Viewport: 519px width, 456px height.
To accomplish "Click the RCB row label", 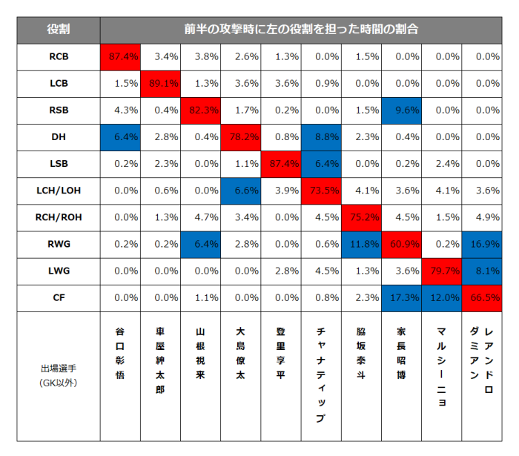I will pos(59,56).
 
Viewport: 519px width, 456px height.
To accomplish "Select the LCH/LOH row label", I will pos(59,190).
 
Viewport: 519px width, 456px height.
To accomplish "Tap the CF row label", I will pos(59,297).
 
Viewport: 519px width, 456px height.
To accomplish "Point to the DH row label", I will pos(59,136).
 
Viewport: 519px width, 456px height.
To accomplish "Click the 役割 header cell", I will pos(59,29).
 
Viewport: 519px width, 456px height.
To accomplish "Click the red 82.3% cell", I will pos(201,110).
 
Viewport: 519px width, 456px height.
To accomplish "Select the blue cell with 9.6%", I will pos(402,110).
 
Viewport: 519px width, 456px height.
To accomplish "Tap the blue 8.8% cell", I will pos(321,136).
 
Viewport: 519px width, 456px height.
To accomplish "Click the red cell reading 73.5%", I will pos(321,190).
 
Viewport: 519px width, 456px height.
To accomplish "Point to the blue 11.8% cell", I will pos(361,244).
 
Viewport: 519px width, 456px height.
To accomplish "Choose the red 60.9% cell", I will pos(402,244).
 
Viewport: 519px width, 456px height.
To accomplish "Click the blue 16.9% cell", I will pos(482,244).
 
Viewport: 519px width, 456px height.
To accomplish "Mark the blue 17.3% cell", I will pos(402,297).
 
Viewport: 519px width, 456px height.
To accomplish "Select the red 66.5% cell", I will pos(482,297).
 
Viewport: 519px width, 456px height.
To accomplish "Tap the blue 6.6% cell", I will pos(241,190).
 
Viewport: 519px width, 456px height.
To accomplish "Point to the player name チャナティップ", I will pos(321,374).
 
